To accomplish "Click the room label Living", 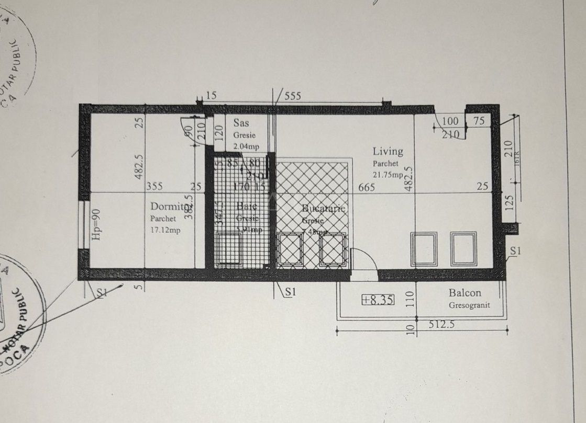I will coord(388,152).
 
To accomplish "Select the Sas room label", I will coord(241,123).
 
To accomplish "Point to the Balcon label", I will coord(465,293).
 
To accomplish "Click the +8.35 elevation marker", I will coord(378,300).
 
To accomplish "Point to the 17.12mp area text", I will coord(165,231).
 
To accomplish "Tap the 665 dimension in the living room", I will coord(367,187).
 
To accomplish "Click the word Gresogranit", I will coord(469,305).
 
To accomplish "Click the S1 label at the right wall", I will coord(516,251).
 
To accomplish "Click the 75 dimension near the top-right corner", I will coord(478,121).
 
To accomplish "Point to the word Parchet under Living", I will coord(385,164).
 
